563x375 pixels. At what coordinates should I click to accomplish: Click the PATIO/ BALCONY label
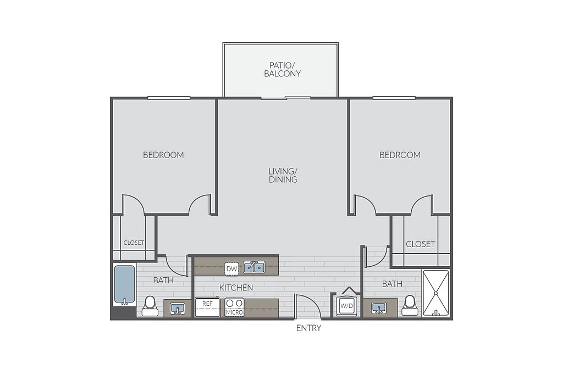coord(282,70)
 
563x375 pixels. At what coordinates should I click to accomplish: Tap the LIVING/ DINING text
coord(283,175)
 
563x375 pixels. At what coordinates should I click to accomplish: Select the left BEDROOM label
coord(163,155)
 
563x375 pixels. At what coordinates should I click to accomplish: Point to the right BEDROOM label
coord(400,155)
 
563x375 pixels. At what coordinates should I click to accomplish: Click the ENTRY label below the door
coord(308,328)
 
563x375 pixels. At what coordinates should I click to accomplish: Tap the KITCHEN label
coord(236,288)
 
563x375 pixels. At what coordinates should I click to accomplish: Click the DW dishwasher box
coord(232,269)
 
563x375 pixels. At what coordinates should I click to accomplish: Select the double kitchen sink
coord(254,267)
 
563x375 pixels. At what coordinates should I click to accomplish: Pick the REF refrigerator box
coord(207,307)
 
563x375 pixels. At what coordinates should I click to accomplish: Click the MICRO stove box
coord(234,307)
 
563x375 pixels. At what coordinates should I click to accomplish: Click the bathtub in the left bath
coord(125,285)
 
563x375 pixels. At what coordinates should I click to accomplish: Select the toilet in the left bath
coord(150,306)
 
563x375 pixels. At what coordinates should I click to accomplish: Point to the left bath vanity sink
coord(178,309)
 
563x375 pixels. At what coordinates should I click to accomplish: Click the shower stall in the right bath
coord(436,293)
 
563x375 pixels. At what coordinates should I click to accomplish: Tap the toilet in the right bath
coord(410,306)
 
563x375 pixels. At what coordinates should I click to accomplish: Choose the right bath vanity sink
coord(379,308)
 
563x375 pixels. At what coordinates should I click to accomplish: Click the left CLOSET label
coord(134,243)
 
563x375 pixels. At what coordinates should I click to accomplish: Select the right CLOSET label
coord(421,244)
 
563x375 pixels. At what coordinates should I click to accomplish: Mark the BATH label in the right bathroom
coord(392,284)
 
